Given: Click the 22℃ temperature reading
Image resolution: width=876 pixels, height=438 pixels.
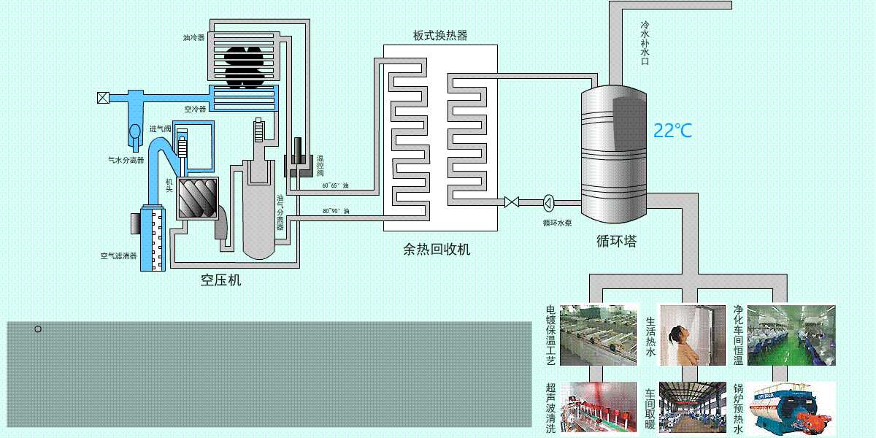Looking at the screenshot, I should coord(672,131).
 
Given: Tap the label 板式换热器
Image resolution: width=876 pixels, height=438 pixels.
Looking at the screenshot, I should coord(439,35).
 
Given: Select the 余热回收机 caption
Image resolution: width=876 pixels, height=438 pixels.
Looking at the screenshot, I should coord(437,249).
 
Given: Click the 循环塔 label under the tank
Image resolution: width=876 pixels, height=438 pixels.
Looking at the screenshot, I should coord(616,241).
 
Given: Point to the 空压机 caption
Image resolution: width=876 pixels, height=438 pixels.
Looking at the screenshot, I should coord(220,280).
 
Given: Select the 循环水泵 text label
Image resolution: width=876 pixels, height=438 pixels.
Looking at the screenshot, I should coord(556,222).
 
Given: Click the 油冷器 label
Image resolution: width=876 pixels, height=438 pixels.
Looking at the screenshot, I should coord(193,36).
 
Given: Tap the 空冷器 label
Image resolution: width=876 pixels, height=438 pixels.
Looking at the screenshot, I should coord(194,109).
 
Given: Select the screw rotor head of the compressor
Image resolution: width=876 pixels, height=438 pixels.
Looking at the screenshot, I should coord(198,197).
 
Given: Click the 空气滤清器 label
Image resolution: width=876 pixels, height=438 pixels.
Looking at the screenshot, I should coord(118,256).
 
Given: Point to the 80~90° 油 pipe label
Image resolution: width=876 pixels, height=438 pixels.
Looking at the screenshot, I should coord(335,212).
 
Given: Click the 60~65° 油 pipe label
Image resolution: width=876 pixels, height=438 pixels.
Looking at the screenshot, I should coord(335,185).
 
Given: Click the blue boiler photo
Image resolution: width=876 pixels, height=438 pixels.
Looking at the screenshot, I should coord(791,409).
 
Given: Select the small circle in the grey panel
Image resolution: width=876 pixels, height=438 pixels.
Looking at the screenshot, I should coord(38,329).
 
